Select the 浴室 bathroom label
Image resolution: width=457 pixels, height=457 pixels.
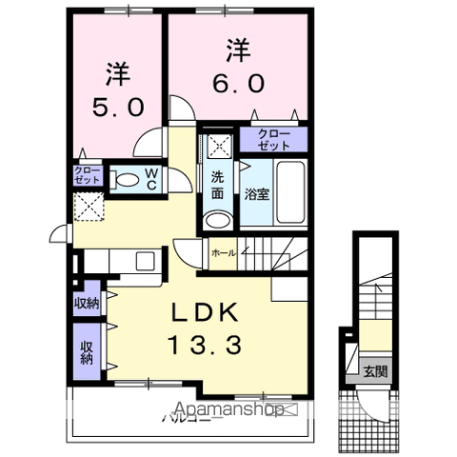tap(256, 195)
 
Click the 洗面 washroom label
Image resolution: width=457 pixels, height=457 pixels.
tap(218, 185)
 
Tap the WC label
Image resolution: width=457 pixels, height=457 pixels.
tap(151, 179)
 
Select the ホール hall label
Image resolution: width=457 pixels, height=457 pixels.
tap(225, 252)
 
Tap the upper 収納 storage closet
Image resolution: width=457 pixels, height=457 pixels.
tap(87, 304)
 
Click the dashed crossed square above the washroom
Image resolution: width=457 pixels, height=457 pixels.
tap(218, 147)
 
